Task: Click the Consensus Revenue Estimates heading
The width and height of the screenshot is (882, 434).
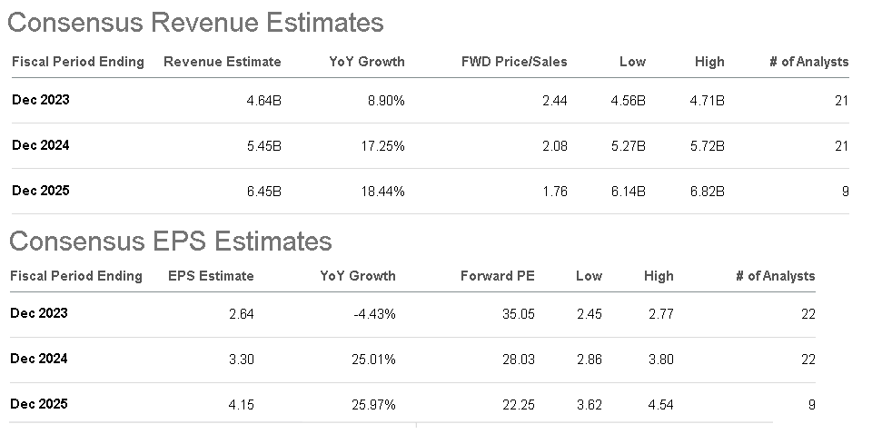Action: pos(195,22)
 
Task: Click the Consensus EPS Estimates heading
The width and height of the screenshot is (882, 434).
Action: pos(170,241)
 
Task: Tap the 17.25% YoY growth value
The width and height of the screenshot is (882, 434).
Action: pos(381,146)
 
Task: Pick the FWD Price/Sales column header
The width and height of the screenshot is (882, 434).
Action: pos(514,62)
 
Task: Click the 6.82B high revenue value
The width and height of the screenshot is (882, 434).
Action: pos(707,192)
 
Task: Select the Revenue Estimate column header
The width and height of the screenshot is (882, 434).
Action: pos(222,62)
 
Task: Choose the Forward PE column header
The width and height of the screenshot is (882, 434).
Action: pos(498,276)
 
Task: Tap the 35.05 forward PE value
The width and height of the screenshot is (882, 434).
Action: pos(519,314)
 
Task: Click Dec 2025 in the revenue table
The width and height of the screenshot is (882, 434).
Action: pos(41,191)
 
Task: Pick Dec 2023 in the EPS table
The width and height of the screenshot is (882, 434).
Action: pos(39,313)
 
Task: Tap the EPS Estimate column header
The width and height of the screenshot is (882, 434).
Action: pos(211,276)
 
